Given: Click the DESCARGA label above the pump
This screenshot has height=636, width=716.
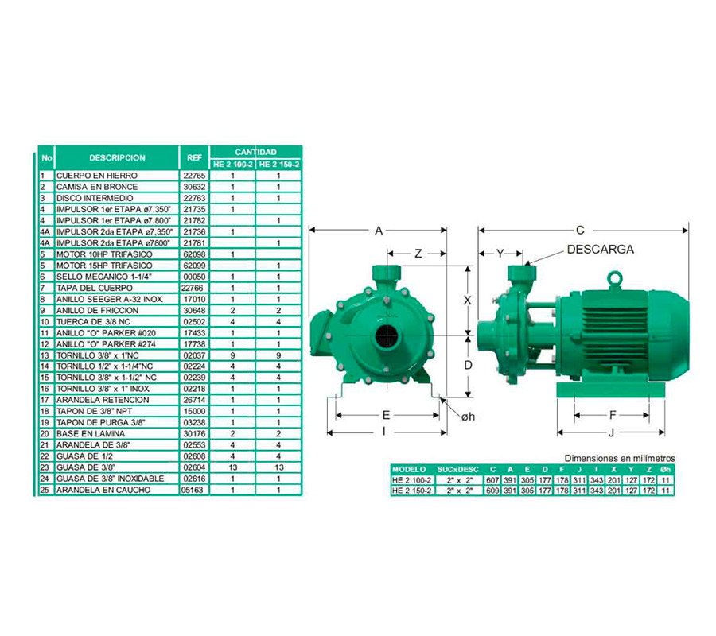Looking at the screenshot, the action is [x=600, y=250].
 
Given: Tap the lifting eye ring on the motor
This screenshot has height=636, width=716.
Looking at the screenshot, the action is [x=615, y=279].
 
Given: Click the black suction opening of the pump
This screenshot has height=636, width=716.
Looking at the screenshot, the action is [x=387, y=336].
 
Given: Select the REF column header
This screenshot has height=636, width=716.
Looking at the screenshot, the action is [x=194, y=157].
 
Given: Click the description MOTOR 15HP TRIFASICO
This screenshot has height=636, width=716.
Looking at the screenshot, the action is [x=104, y=266].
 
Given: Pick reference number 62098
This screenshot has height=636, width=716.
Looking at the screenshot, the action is [x=195, y=254].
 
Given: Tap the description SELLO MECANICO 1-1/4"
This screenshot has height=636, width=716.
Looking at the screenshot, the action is [x=103, y=277].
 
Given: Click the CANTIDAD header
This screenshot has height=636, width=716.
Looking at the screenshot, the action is [x=255, y=152].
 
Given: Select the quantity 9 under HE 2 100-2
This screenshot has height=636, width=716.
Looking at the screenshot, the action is [x=233, y=355].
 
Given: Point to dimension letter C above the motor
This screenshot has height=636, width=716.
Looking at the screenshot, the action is [x=580, y=230].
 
